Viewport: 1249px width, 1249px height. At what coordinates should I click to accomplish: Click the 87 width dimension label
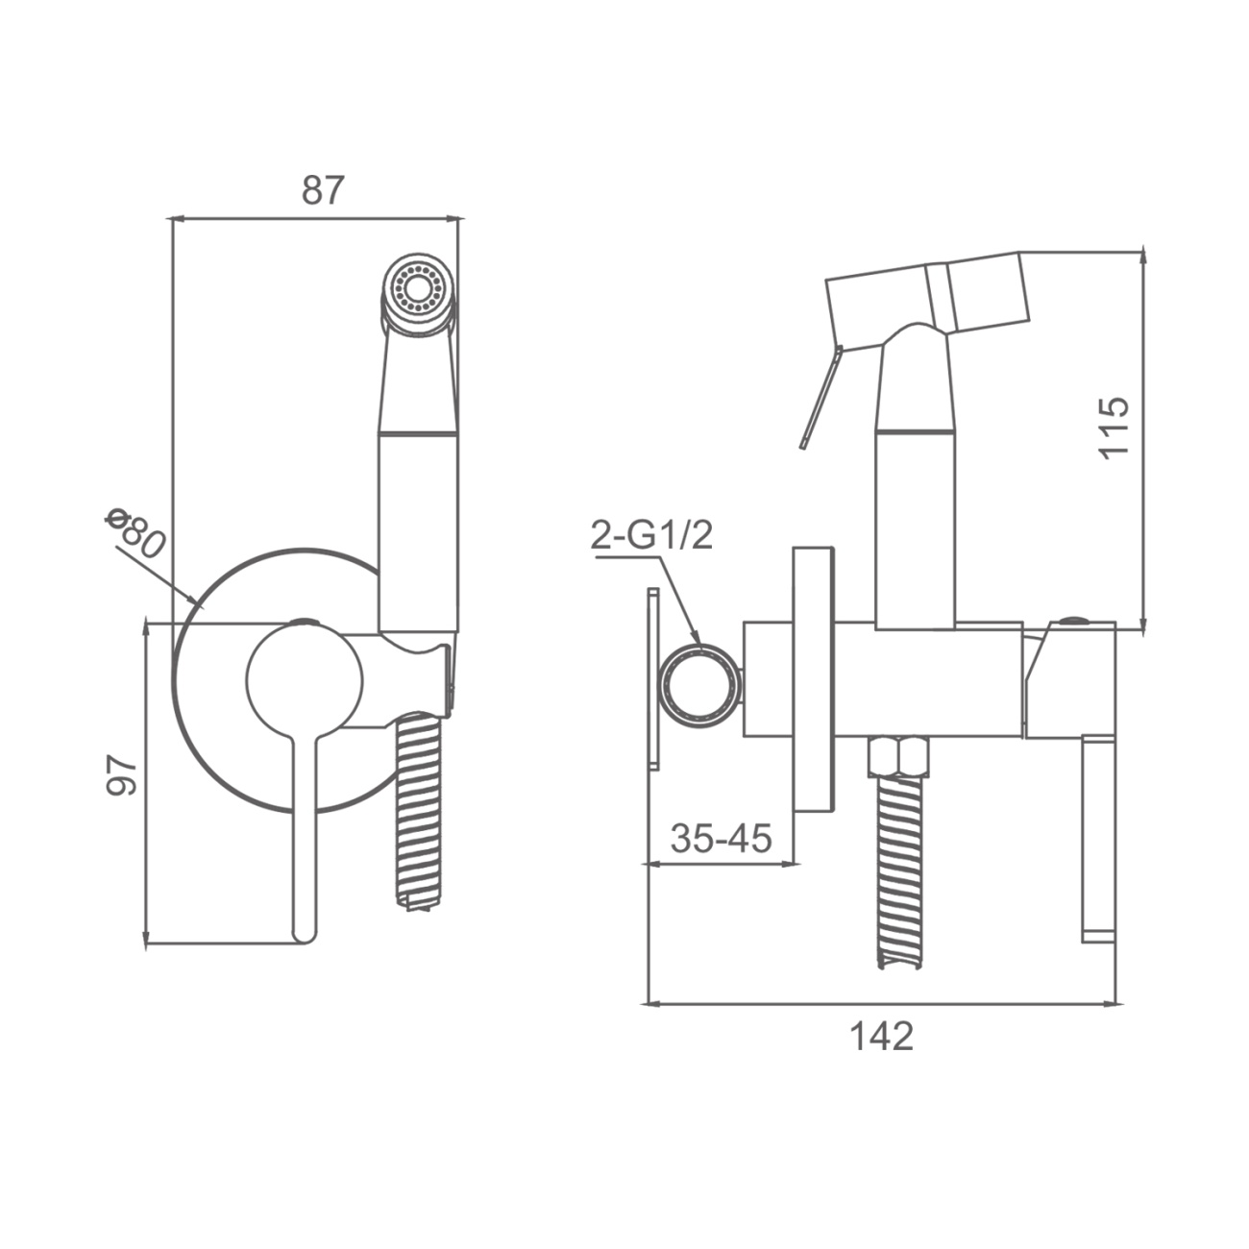tap(322, 190)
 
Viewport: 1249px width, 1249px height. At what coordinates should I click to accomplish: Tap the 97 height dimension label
tap(122, 774)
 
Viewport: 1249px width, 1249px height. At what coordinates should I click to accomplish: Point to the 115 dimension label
tap(1114, 428)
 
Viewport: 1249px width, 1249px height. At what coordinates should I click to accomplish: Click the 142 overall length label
tap(881, 1036)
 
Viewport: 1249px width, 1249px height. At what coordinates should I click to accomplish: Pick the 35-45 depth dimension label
tap(721, 838)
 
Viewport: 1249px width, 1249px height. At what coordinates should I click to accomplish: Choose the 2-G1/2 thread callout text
tap(652, 537)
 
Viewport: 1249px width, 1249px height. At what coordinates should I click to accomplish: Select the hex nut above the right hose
tap(898, 755)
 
